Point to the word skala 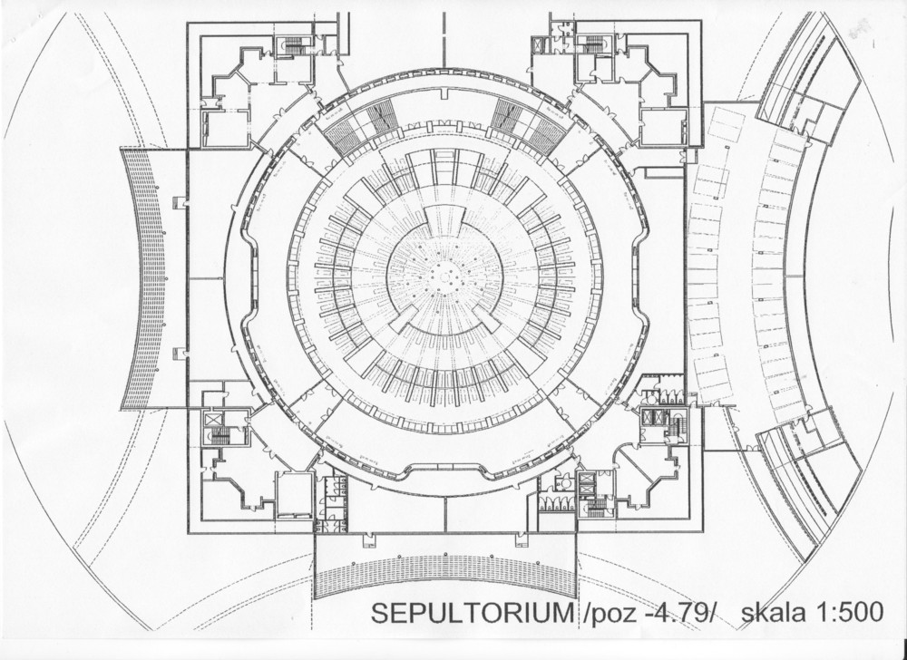click(773, 614)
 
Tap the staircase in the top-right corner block click(595, 44)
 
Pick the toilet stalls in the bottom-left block click(330, 504)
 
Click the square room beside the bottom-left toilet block click(294, 493)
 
